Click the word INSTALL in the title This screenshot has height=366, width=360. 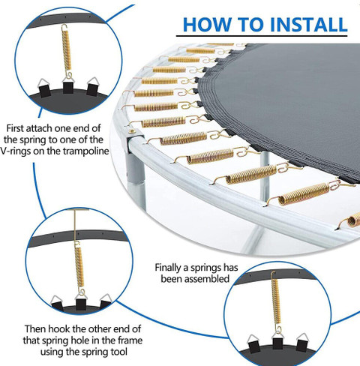click(309, 25)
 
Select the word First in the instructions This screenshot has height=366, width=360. click(15, 128)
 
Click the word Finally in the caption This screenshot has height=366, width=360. click(169, 268)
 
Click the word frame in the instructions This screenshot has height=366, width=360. click(130, 340)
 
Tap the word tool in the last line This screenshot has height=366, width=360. click(118, 352)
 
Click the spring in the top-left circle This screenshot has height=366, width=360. click(67, 51)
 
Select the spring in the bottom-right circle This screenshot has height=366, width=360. click(275, 301)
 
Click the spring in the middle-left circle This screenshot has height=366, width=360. click(79, 268)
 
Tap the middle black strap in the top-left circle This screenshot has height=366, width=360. click(68, 88)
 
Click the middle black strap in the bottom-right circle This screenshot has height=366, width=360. click(277, 343)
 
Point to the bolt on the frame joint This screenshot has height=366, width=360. click(132, 130)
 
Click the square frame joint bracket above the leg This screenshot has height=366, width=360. click(135, 143)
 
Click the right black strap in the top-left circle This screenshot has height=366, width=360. click(92, 89)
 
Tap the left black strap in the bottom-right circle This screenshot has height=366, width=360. click(255, 346)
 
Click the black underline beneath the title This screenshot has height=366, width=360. click(262, 36)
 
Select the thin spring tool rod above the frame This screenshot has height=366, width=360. click(75, 225)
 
